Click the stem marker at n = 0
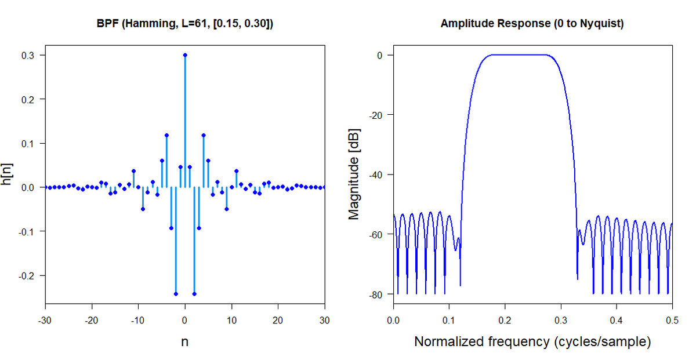[185, 55]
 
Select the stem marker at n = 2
[194, 294]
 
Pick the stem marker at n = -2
[176, 294]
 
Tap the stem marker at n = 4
[204, 136]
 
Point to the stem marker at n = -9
[143, 209]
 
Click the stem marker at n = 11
[237, 171]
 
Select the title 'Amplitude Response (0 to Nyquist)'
[532, 24]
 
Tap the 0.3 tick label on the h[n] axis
[28, 56]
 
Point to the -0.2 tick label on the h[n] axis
[26, 276]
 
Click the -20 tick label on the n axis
[92, 320]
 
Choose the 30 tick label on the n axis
[325, 320]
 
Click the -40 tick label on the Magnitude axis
[376, 175]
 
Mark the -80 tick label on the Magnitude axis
[376, 294]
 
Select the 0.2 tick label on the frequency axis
[505, 320]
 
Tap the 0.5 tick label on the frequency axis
[672, 320]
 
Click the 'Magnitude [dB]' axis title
[354, 174]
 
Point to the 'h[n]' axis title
[6, 174]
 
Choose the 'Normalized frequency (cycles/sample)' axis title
[532, 341]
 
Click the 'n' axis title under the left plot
[185, 342]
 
